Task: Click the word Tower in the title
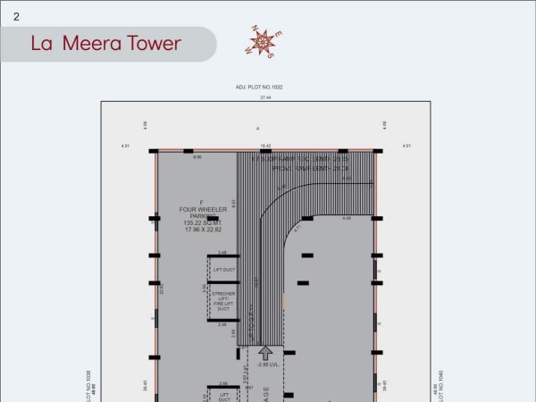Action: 152,43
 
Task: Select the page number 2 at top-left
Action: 16,16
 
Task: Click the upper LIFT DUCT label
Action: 223,270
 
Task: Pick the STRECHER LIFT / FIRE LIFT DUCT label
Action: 223,299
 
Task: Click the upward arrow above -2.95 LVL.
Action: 265,354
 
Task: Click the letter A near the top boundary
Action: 257,129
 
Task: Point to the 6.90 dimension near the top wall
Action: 197,156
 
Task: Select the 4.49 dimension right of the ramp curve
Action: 347,218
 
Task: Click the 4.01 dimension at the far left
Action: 125,145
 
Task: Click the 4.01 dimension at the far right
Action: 406,145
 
